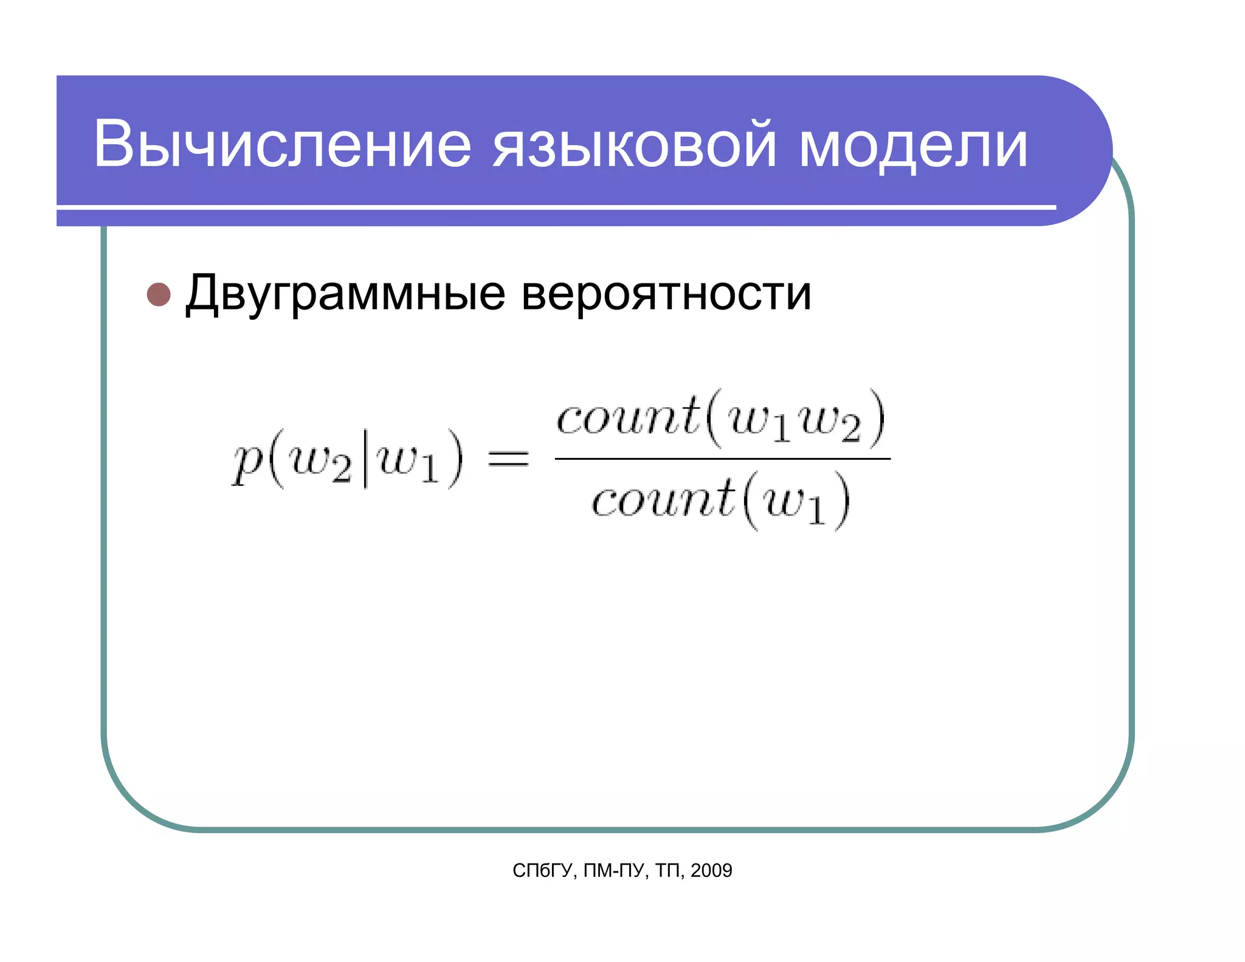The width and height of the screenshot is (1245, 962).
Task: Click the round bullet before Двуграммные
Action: [x=159, y=294]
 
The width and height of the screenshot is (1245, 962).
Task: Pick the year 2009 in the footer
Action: [x=711, y=871]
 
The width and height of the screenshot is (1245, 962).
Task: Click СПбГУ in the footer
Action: [x=542, y=871]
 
